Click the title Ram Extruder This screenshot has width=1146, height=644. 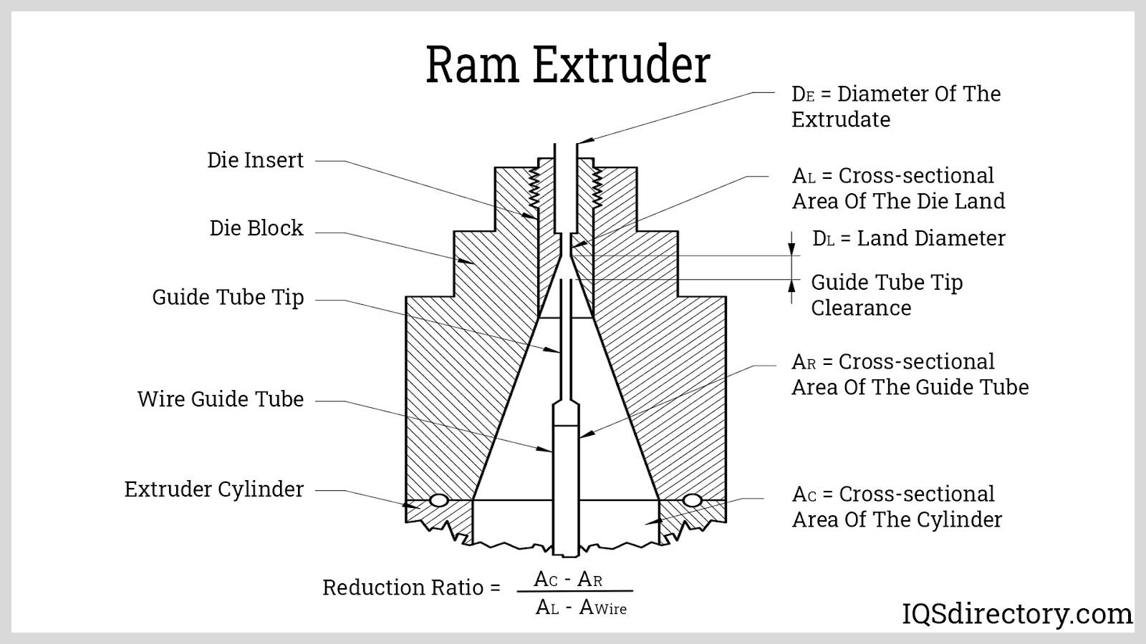tap(568, 64)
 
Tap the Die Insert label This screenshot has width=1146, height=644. tap(255, 160)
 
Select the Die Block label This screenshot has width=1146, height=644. tap(256, 228)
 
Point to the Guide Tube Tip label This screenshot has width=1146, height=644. tap(228, 298)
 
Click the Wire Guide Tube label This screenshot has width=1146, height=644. tap(221, 399)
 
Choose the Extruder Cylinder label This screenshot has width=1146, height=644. tap(214, 489)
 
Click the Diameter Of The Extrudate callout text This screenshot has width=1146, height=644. tap(895, 107)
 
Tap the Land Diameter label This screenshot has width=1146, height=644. tap(908, 238)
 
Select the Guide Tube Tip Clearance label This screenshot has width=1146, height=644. tap(887, 295)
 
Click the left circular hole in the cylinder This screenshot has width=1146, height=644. tap(438, 500)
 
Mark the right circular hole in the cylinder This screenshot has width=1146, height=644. tap(692, 500)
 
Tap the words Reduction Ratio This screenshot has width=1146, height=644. tap(403, 587)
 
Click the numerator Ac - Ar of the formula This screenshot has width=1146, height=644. tap(568, 579)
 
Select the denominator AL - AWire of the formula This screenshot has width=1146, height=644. tap(581, 608)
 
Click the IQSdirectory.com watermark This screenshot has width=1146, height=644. tap(1016, 614)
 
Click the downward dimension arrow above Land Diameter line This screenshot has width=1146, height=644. tap(792, 243)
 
